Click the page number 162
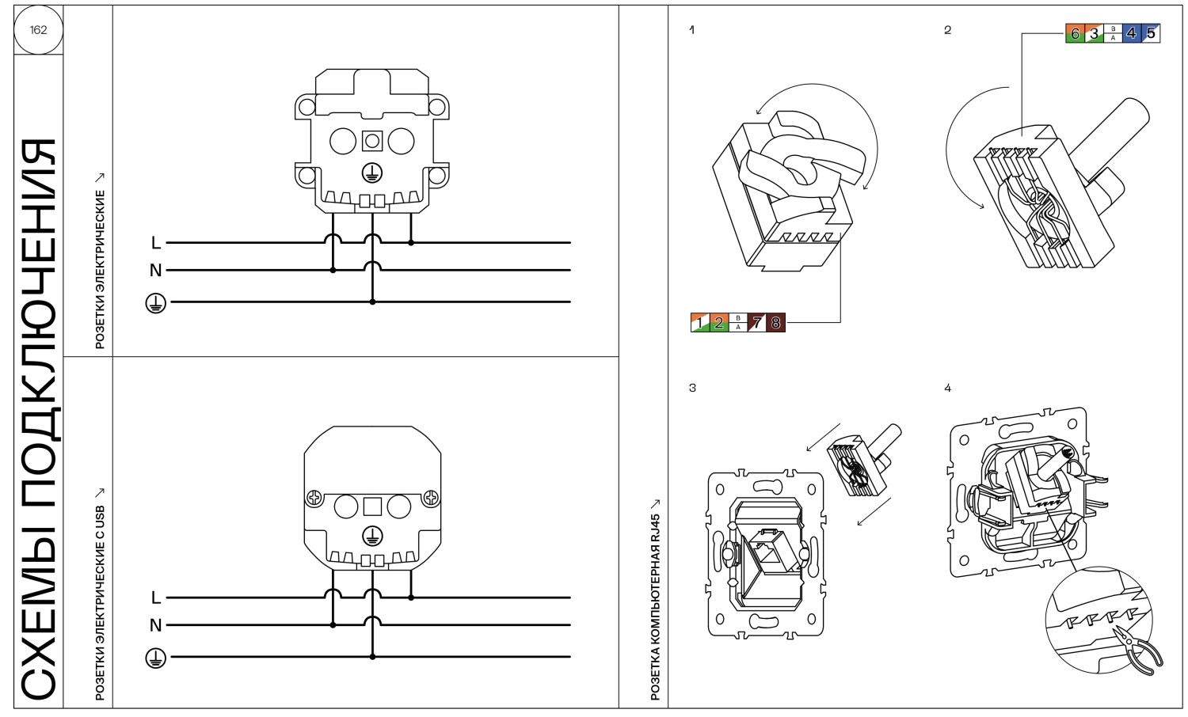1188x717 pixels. [38, 29]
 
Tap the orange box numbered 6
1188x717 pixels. [1075, 33]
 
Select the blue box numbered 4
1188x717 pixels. [1131, 33]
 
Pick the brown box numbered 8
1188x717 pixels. [775, 323]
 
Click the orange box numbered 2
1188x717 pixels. [718, 323]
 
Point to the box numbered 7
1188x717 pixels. [757, 323]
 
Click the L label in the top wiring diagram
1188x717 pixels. [155, 243]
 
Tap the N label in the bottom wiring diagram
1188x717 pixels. [155, 625]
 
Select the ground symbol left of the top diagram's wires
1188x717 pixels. [155, 303]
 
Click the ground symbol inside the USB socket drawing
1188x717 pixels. [372, 537]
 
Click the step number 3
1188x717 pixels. [692, 388]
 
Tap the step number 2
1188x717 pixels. [948, 30]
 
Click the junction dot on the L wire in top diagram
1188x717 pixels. [411, 243]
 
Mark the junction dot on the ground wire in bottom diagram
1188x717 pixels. [372, 657]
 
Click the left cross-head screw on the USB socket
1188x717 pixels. [314, 498]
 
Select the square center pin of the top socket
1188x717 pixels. [372, 141]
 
